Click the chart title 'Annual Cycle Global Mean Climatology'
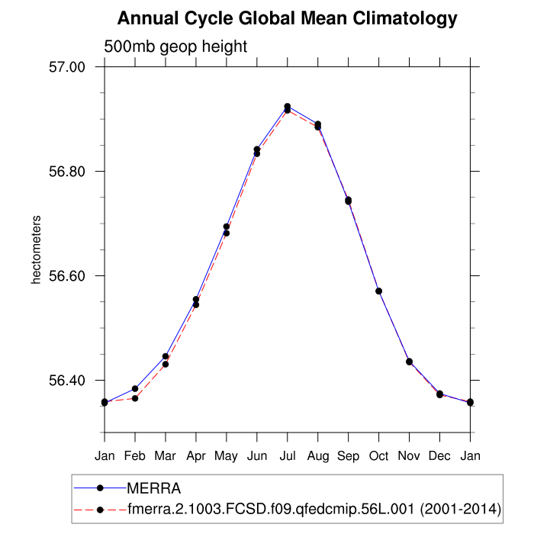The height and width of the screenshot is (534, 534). click(x=288, y=18)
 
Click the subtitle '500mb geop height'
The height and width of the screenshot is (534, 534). click(x=175, y=47)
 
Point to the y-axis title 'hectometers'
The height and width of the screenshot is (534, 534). click(x=36, y=250)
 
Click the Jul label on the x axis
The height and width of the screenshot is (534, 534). click(x=288, y=457)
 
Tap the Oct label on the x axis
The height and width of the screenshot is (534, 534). click(x=379, y=457)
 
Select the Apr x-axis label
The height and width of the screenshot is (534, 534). click(x=196, y=457)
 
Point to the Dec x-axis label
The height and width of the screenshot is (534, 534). click(x=440, y=457)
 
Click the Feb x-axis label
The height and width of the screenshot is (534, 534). click(x=135, y=457)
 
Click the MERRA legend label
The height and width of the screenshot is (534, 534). click(x=153, y=487)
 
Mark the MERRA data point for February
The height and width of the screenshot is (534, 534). click(x=135, y=389)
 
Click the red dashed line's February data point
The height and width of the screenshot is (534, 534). click(x=135, y=398)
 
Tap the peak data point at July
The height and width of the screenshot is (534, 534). click(x=288, y=107)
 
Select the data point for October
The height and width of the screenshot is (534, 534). click(x=379, y=291)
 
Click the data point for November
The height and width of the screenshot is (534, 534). click(x=410, y=362)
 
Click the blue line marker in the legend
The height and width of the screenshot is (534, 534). click(x=99, y=487)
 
